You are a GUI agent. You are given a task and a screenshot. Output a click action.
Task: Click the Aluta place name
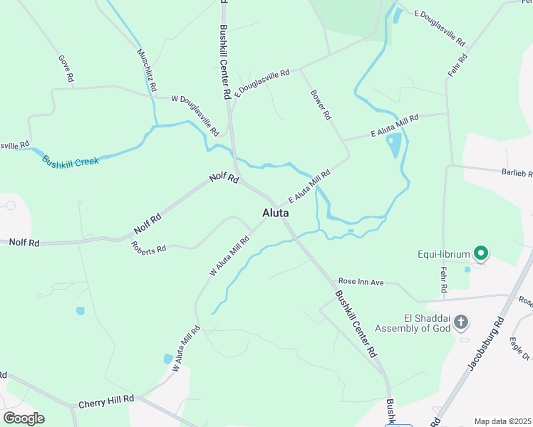click(x=275, y=213)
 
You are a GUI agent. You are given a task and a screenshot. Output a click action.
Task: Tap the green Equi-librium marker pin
click(x=481, y=253)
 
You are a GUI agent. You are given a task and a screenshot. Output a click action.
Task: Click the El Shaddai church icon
click(x=461, y=322)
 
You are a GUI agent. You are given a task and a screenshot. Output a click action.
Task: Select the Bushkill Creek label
click(x=70, y=162)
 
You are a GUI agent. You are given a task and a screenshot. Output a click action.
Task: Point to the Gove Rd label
click(x=66, y=68)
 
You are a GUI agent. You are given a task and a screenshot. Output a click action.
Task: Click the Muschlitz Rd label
click(x=146, y=68)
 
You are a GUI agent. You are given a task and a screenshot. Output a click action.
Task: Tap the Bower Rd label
click(x=320, y=105)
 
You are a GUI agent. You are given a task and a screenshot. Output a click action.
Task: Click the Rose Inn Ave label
click(x=361, y=283)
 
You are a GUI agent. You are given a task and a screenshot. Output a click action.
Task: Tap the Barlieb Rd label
click(x=517, y=172)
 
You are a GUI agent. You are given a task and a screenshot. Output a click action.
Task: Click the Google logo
click(x=24, y=418)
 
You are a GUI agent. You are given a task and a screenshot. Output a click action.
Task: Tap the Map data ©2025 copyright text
click(x=502, y=421)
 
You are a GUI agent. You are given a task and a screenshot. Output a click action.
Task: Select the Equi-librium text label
click(x=443, y=253)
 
